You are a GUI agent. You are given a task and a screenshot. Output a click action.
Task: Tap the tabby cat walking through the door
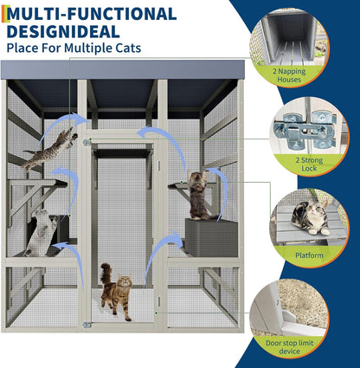pos(114,293)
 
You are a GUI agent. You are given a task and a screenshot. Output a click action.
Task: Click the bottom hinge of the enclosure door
pos(86,325)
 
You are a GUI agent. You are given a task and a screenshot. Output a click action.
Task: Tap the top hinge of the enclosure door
pos(86,142)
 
